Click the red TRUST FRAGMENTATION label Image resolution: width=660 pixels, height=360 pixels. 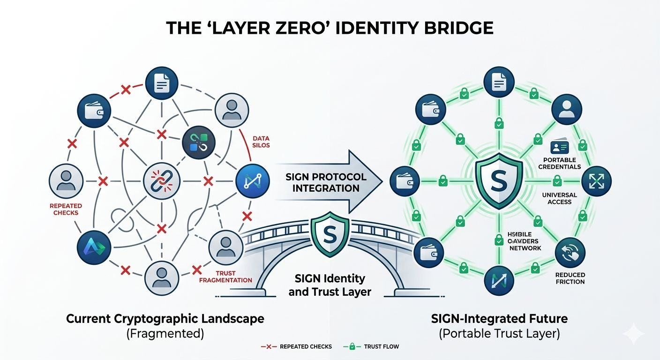pos(225,277)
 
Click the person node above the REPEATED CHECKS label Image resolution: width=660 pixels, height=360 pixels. pos(66,180)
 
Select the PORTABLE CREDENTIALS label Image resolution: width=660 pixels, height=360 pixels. pos(559,163)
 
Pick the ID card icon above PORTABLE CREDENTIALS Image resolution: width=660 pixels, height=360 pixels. pos(560,147)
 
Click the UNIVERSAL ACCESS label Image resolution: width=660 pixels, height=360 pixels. pos(559,198)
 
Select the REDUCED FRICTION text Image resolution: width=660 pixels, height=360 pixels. pos(570,278)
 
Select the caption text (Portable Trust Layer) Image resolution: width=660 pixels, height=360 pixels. pos(499,334)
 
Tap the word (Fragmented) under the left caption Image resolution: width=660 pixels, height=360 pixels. pos(165,334)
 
